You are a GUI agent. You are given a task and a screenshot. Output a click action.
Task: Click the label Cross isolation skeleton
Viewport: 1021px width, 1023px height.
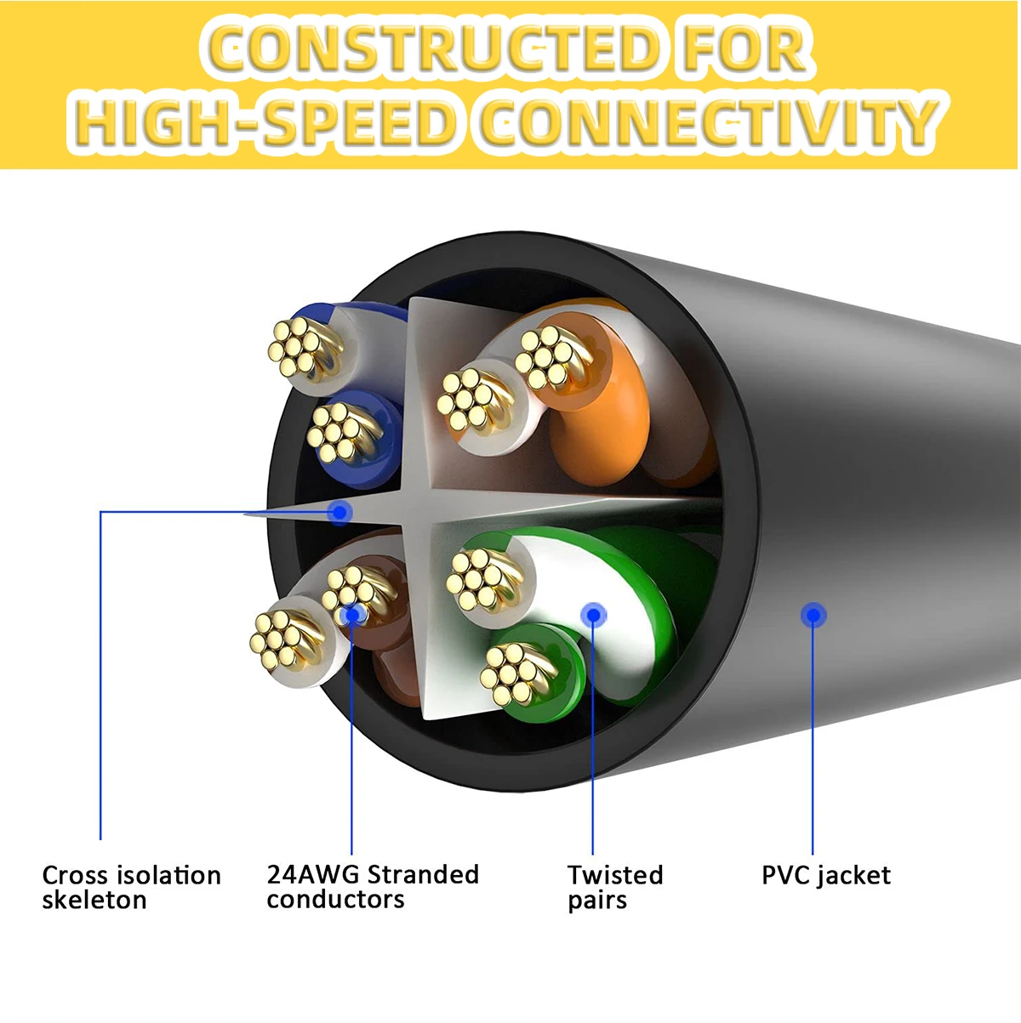131,887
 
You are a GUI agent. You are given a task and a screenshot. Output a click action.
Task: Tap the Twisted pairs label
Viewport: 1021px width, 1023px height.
614,887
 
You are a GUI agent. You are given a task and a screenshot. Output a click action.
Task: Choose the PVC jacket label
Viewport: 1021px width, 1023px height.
825,875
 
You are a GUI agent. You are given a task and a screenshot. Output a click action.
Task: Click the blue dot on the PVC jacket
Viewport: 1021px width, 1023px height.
813,614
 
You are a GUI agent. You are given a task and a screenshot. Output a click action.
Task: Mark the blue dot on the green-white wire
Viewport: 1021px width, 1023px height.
593,614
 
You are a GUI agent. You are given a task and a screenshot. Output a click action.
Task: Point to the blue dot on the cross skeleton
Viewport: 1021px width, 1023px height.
339,512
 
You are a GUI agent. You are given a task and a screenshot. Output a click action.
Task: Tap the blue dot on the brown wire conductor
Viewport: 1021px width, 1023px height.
351,613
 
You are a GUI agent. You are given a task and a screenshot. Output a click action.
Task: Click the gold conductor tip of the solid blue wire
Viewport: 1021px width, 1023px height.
333,429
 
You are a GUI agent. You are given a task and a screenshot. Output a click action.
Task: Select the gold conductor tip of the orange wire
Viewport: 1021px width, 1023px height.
545,356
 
